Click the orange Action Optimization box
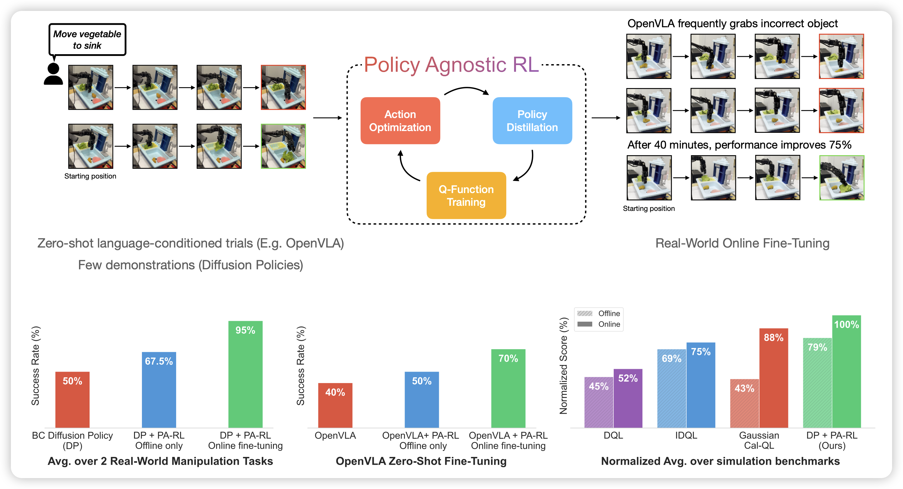tap(400, 120)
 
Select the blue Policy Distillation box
tap(532, 120)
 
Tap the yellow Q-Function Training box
tap(466, 195)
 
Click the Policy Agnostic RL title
tap(451, 65)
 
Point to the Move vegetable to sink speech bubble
tap(87, 40)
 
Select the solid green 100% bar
tap(847, 371)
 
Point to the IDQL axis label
tap(686, 435)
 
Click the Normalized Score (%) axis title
tap(563, 366)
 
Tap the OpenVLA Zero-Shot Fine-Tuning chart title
tap(421, 461)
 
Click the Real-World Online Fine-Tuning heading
tap(742, 243)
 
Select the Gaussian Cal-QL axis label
tap(759, 440)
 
